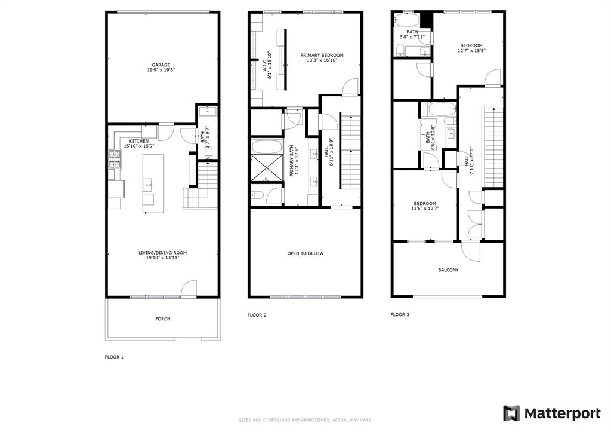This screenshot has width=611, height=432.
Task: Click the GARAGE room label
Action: (x=161, y=65)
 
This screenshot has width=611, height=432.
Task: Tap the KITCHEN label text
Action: (x=139, y=141)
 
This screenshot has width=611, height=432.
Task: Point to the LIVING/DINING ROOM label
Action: (x=162, y=253)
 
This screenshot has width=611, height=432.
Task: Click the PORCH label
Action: (x=162, y=319)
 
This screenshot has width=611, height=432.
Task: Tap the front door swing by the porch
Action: (x=189, y=289)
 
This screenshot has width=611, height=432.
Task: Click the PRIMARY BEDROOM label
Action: (x=322, y=55)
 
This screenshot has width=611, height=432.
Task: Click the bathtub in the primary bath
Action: (x=267, y=146)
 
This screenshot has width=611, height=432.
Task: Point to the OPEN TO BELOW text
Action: (x=305, y=253)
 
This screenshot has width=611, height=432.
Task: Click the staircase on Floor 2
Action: (x=350, y=158)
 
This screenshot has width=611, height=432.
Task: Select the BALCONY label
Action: (x=448, y=270)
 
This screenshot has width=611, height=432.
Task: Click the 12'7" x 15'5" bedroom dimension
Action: (x=471, y=51)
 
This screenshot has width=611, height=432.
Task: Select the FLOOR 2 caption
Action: (x=257, y=314)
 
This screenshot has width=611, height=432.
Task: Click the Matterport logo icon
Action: (x=511, y=413)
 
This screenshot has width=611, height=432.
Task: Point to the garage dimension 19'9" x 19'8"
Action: (x=161, y=70)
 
